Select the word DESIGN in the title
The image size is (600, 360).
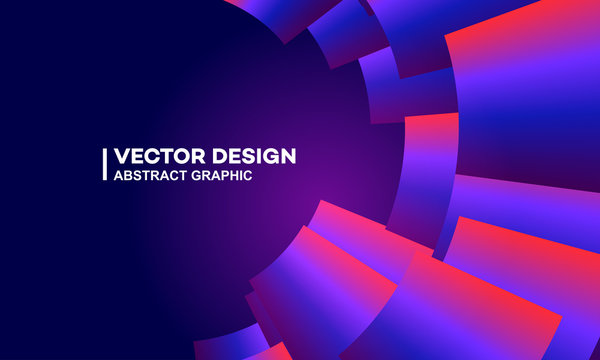tap(254, 157)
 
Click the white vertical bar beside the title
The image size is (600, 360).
tap(105, 165)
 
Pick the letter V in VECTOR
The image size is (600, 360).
tap(122, 157)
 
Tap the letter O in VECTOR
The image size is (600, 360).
tap(181, 157)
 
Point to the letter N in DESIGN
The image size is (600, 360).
tap(287, 157)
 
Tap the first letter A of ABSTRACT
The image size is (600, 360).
tap(120, 176)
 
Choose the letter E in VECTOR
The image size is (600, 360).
tap(138, 157)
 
